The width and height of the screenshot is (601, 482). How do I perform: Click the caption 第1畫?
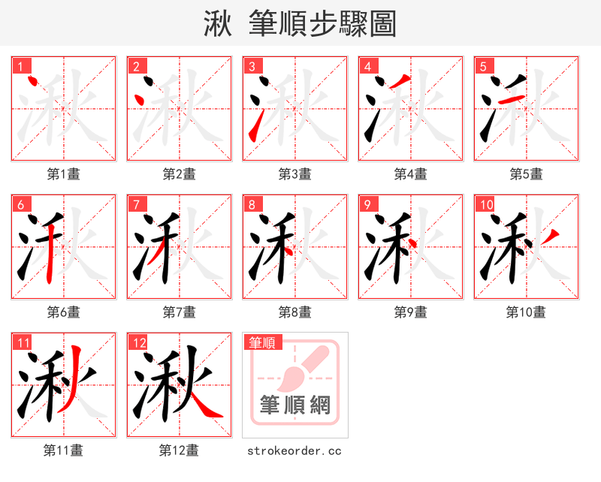click(64, 174)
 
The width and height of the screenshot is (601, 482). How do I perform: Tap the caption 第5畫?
click(526, 174)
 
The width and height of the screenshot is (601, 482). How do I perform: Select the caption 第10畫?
click(526, 312)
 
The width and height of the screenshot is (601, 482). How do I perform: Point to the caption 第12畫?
click(179, 450)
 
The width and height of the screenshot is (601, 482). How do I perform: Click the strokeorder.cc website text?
click(294, 451)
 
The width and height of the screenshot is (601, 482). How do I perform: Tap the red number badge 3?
click(252, 66)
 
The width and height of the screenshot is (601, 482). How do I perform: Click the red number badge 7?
click(136, 204)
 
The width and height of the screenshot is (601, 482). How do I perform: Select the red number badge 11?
click(24, 343)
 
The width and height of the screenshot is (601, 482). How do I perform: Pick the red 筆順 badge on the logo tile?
click(262, 342)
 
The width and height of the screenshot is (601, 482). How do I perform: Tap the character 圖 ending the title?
click(382, 25)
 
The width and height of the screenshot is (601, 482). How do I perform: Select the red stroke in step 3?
click(255, 125)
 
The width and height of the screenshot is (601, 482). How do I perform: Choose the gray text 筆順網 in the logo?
click(295, 405)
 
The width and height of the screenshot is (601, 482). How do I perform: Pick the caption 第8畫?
click(294, 312)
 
